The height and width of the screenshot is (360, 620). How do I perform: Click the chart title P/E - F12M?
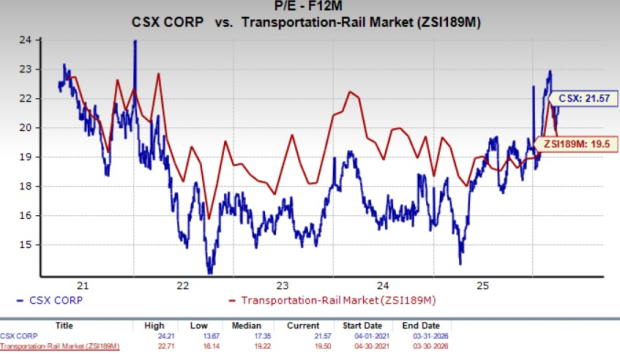[311, 8]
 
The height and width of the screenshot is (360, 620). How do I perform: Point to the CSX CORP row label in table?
[21, 337]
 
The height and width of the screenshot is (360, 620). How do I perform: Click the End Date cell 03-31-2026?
[498, 337]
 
